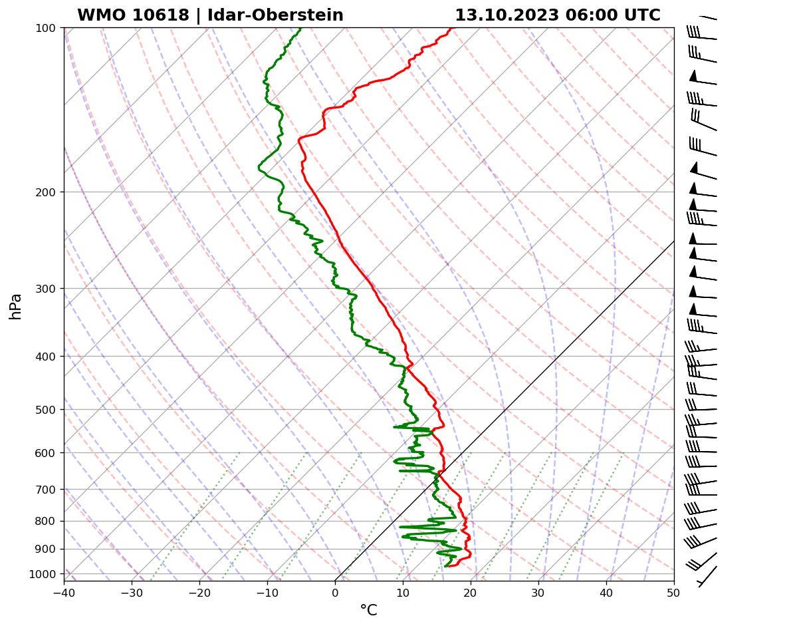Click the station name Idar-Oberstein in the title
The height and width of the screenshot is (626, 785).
tap(275, 15)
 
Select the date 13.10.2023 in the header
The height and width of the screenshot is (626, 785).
tap(506, 15)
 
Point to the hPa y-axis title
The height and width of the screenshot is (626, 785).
tap(15, 306)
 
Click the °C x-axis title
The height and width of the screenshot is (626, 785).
tap(368, 611)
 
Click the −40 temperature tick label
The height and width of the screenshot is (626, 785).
tap(64, 592)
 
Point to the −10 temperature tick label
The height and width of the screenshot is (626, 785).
tap(267, 592)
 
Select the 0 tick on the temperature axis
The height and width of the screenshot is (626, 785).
tap(335, 592)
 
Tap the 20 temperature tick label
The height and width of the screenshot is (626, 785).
tap(471, 592)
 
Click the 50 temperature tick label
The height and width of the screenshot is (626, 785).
tap(674, 592)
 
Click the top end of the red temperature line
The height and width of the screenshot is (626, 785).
tap(451, 29)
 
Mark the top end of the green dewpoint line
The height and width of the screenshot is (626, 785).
tap(300, 29)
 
